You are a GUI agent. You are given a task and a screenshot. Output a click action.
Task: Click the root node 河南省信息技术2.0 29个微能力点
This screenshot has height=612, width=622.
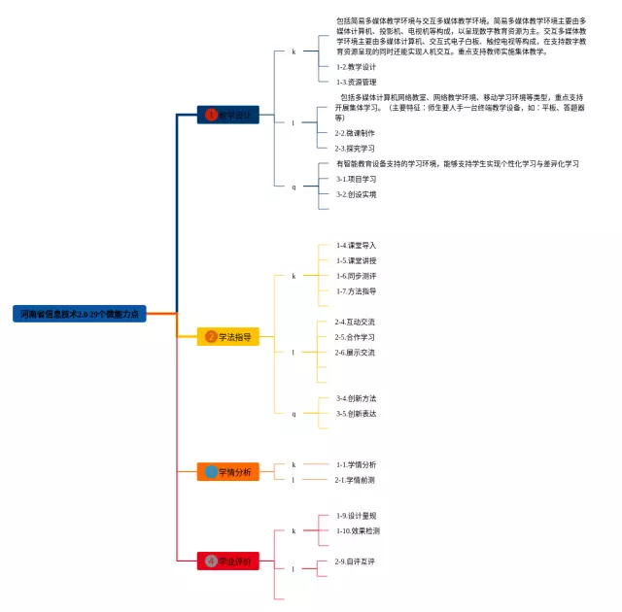80,314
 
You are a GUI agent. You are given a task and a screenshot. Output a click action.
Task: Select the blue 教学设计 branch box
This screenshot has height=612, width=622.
227,115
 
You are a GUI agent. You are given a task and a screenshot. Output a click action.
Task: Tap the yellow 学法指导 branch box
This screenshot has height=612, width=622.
228,337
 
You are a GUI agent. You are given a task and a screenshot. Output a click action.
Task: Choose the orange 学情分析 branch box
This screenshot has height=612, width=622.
228,472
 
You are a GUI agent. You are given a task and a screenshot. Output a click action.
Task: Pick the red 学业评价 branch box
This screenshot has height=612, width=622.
228,561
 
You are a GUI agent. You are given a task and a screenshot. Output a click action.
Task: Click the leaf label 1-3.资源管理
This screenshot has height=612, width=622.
357,83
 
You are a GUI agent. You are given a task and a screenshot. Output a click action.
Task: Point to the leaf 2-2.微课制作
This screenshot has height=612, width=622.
355,133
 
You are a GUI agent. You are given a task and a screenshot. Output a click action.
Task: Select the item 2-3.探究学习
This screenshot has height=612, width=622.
355,149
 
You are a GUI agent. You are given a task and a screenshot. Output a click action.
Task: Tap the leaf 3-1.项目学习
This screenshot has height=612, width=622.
357,179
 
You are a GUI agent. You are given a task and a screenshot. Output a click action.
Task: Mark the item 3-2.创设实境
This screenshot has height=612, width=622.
357,194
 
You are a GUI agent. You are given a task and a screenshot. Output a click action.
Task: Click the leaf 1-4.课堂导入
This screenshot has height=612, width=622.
357,246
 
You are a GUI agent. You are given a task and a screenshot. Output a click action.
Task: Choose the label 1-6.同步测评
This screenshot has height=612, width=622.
357,276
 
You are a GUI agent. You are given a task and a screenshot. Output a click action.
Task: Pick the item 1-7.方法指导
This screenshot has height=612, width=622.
357,291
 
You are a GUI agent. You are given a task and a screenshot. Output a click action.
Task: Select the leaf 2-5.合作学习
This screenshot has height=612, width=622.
355,337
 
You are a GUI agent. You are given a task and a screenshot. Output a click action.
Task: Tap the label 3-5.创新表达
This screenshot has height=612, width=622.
357,413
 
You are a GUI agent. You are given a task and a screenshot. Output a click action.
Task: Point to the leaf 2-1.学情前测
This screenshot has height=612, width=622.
355,480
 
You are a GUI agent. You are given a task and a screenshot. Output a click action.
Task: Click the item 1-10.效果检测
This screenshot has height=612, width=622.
359,531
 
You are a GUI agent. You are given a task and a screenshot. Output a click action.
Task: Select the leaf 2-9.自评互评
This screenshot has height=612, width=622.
355,561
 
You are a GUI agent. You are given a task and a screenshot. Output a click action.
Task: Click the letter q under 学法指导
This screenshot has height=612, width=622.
294,413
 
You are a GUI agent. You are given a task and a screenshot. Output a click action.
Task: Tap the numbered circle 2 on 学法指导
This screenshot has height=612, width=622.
211,337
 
